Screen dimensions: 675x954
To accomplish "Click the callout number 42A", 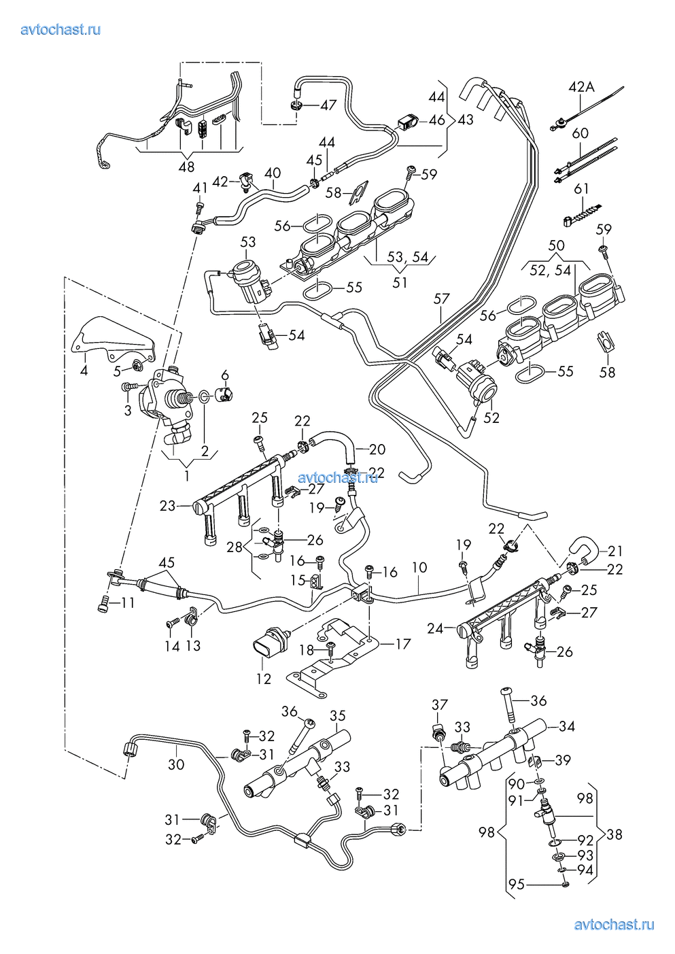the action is tap(581, 87).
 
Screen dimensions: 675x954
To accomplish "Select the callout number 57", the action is tap(442, 299).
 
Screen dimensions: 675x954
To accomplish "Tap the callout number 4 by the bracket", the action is tap(84, 371).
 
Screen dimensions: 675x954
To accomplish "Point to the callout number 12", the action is tap(264, 679).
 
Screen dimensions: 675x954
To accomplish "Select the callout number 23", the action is tap(168, 505).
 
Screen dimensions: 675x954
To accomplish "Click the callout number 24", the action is tap(435, 628).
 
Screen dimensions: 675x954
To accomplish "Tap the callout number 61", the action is tap(581, 188).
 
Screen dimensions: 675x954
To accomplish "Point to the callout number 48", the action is tap(186, 167).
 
